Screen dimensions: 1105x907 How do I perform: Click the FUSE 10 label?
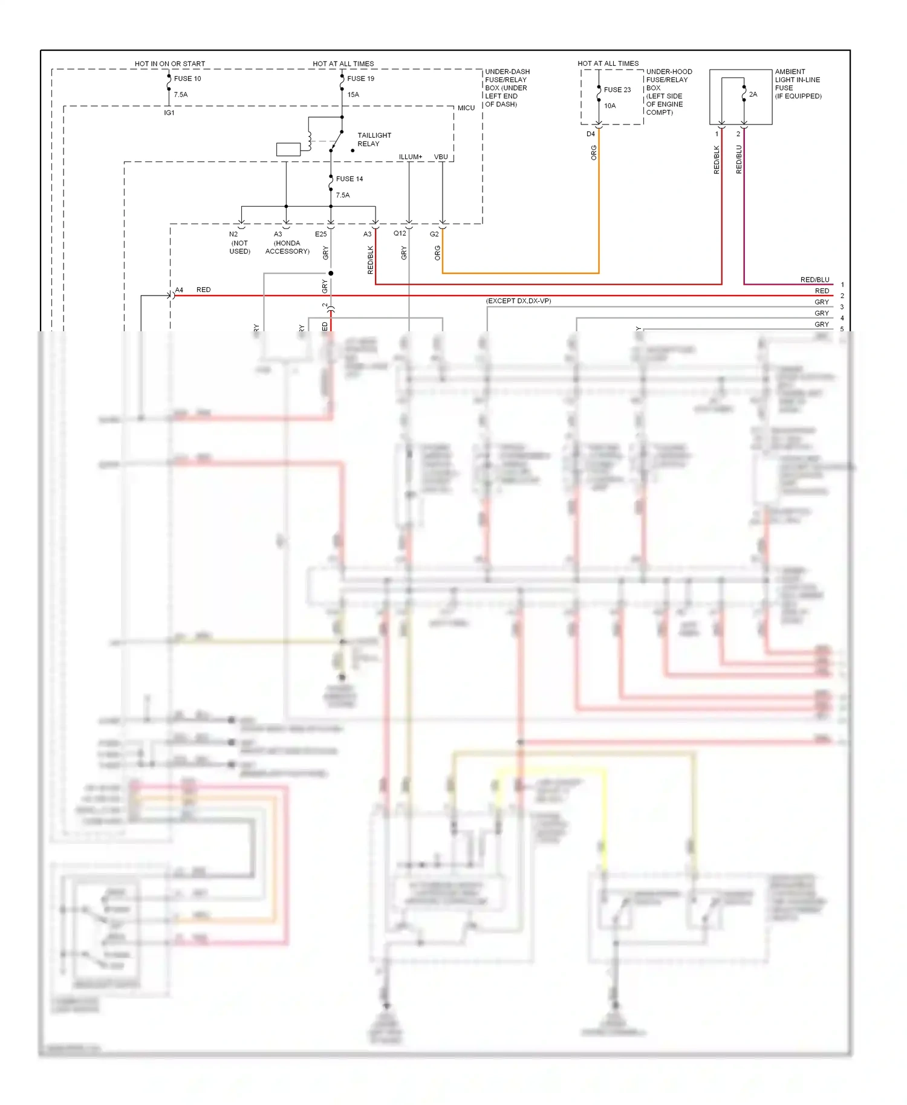pos(187,79)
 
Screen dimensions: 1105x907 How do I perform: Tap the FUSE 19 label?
pos(360,79)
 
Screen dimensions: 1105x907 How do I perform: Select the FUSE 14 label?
pos(349,179)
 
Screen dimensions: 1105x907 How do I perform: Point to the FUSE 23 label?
pos(617,89)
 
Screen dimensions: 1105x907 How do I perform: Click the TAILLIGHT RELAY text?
pos(374,140)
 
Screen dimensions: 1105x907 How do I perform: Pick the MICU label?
pos(466,108)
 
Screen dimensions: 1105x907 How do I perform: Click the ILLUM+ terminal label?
pos(411,157)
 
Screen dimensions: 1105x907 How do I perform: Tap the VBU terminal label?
pos(441,157)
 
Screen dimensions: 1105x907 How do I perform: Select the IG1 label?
pos(169,113)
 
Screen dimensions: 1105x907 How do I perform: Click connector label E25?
pos(320,234)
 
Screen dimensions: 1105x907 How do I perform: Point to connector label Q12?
pos(400,233)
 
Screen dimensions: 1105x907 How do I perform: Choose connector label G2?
pos(434,234)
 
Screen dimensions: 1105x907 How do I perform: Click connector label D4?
pos(591,134)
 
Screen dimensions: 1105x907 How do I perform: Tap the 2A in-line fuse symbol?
pos(744,94)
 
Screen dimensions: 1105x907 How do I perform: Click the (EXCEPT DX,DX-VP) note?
pos(519,301)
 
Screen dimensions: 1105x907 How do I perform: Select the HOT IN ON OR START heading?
pos(170,63)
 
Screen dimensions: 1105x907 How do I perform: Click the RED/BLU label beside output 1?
pos(814,280)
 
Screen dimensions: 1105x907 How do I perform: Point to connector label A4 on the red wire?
pos(179,290)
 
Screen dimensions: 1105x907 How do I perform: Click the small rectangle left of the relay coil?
pos(288,149)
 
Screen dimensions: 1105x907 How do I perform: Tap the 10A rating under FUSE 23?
pos(610,106)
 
